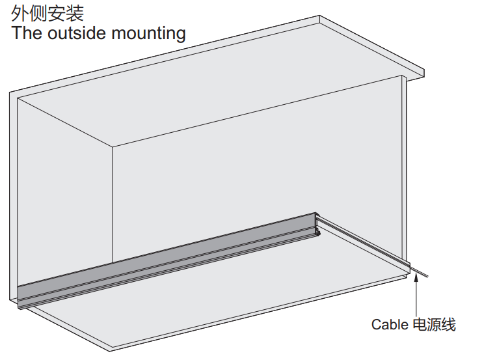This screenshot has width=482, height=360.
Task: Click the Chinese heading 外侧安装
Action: [x=47, y=13]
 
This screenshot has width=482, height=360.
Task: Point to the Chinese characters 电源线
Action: [x=435, y=324]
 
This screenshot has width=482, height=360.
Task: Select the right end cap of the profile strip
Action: [x=317, y=224]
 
